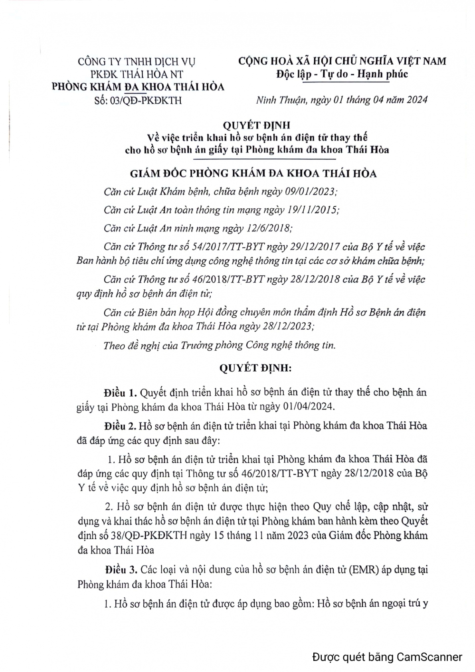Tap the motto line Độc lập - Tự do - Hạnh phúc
(x=342, y=74)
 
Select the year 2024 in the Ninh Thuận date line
(x=417, y=99)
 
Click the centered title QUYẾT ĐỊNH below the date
(x=256, y=125)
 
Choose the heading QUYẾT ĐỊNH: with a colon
(x=255, y=368)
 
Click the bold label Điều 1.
(x=121, y=393)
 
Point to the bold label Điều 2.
(x=121, y=426)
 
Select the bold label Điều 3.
(x=121, y=569)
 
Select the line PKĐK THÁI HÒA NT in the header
(x=137, y=74)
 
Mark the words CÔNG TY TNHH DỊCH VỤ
(x=137, y=61)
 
